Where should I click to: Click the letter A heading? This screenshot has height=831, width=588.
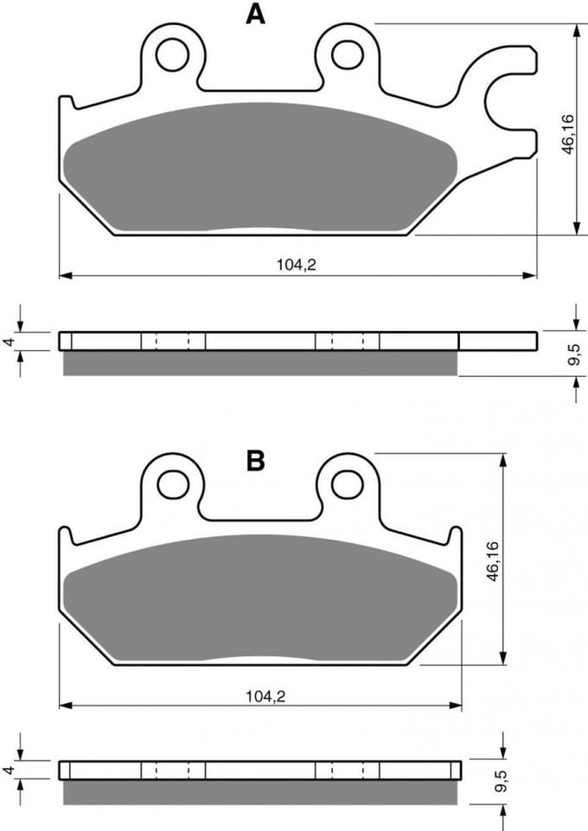tap(255, 15)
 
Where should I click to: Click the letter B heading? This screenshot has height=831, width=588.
tap(255, 461)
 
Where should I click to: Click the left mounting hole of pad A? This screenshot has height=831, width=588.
tap(173, 53)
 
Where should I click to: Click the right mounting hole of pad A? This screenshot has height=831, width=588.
tap(348, 53)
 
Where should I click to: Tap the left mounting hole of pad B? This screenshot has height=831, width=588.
tap(173, 483)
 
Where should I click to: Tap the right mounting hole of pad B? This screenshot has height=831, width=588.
tap(348, 483)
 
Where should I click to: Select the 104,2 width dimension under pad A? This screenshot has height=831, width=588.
tap(296, 265)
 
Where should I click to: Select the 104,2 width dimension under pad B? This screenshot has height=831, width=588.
tap(265, 696)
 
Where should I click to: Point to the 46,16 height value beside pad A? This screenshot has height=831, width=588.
tap(568, 134)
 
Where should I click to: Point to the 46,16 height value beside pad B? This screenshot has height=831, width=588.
tap(493, 562)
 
